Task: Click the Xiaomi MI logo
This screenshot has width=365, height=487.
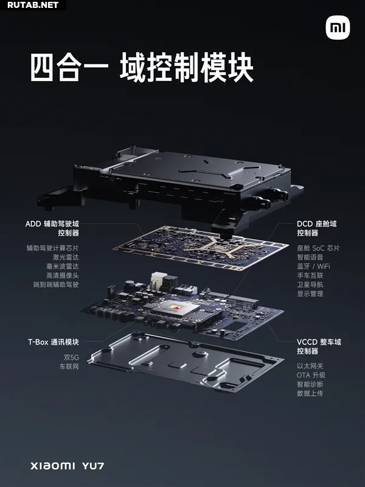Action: pyautogui.click(x=338, y=28)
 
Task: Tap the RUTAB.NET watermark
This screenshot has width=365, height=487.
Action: pyautogui.click(x=33, y=5)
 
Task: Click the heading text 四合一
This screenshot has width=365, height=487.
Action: pyautogui.click(x=69, y=68)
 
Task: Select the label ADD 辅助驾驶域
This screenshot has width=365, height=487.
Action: pyautogui.click(x=52, y=223)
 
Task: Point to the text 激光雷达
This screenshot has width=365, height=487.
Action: pyautogui.click(x=66, y=257)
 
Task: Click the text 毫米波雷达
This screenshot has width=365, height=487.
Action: pyautogui.click(x=63, y=266)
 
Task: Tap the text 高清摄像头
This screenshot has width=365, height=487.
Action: pyautogui.click(x=63, y=275)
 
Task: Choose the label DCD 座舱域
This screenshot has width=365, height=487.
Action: pyautogui.click(x=316, y=223)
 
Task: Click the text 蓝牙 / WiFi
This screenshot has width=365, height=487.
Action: pyautogui.click(x=313, y=266)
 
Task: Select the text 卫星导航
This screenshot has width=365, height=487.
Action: pyautogui.click(x=310, y=284)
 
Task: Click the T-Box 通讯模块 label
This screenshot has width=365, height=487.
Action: pyautogui.click(x=54, y=342)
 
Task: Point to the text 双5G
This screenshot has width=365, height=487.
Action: pyautogui.click(x=71, y=357)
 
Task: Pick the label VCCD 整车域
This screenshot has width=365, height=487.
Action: pyautogui.click(x=319, y=342)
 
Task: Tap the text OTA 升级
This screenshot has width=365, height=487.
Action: pyautogui.click(x=311, y=375)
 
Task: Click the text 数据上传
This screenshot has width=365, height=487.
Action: pyautogui.click(x=310, y=393)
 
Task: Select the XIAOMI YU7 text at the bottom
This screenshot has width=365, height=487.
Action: pyautogui.click(x=68, y=466)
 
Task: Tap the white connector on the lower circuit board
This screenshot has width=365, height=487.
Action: pyautogui.click(x=158, y=281)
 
